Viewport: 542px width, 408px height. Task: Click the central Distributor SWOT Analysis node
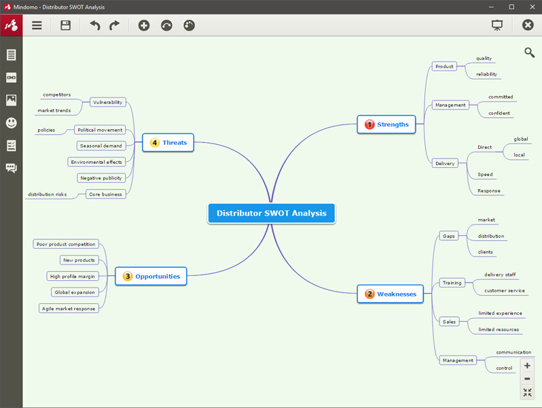[272, 213]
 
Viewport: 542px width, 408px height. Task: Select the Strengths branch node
[386, 124]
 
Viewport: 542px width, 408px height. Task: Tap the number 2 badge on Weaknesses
[369, 294]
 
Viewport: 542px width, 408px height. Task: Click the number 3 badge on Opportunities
[128, 276]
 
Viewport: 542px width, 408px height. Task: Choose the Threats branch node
[168, 143]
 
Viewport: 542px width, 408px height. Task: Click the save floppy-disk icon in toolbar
[65, 25]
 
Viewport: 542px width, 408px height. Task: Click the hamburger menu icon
[37, 25]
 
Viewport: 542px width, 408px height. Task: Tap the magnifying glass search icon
[529, 52]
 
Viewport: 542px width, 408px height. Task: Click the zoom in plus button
[527, 365]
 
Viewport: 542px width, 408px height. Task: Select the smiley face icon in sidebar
[11, 123]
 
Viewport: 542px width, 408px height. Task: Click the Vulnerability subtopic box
[107, 102]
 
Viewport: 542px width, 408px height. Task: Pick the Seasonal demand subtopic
[101, 146]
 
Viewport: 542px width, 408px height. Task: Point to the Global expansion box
[75, 292]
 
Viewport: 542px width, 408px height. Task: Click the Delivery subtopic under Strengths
[445, 163]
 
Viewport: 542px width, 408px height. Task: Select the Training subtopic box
[452, 283]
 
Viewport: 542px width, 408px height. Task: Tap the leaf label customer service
[505, 290]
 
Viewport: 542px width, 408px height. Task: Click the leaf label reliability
[487, 74]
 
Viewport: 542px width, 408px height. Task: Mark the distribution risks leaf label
[48, 194]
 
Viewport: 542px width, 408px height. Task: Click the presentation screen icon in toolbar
[497, 25]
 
